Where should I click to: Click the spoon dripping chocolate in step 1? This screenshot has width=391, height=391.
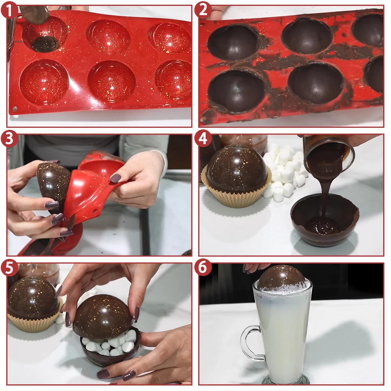[35, 14]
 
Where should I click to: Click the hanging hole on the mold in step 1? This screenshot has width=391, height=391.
[15, 109]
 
